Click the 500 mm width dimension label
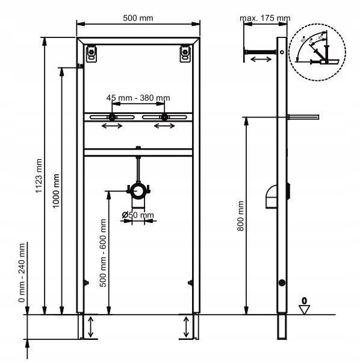pos(138,17)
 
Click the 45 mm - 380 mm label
pos(138,98)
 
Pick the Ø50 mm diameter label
pos(138,215)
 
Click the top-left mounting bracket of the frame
pos(91,54)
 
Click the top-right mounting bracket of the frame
pos(185,54)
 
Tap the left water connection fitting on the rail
pos(112,117)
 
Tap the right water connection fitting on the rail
pos(163,117)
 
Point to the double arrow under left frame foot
pos(90,328)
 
